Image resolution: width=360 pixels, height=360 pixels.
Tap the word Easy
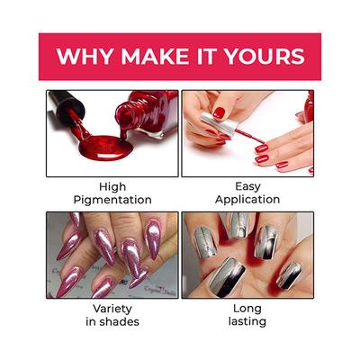click(247, 186)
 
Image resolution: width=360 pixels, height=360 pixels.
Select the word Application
click(247, 200)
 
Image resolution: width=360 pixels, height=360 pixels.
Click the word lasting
click(247, 323)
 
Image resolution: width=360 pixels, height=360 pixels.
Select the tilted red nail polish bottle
click(144, 112)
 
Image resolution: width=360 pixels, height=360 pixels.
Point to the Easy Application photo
click(247, 133)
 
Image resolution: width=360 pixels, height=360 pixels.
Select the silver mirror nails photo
click(247, 256)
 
